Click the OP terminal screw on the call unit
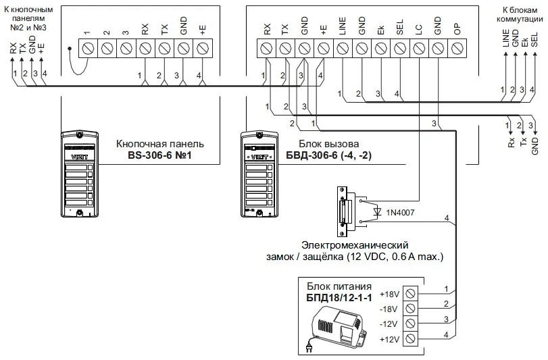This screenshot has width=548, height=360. (457, 49)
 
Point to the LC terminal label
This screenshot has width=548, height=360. (419, 30)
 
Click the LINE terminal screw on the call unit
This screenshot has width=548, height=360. (343, 49)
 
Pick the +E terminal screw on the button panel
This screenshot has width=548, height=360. (202, 49)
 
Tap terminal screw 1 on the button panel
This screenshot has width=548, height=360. (88, 49)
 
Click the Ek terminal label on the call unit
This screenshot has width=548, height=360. (381, 30)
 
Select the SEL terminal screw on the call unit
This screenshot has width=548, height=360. (400, 49)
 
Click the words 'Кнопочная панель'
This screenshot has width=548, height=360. (159, 145)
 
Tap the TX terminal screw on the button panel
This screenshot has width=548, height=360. (164, 49)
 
